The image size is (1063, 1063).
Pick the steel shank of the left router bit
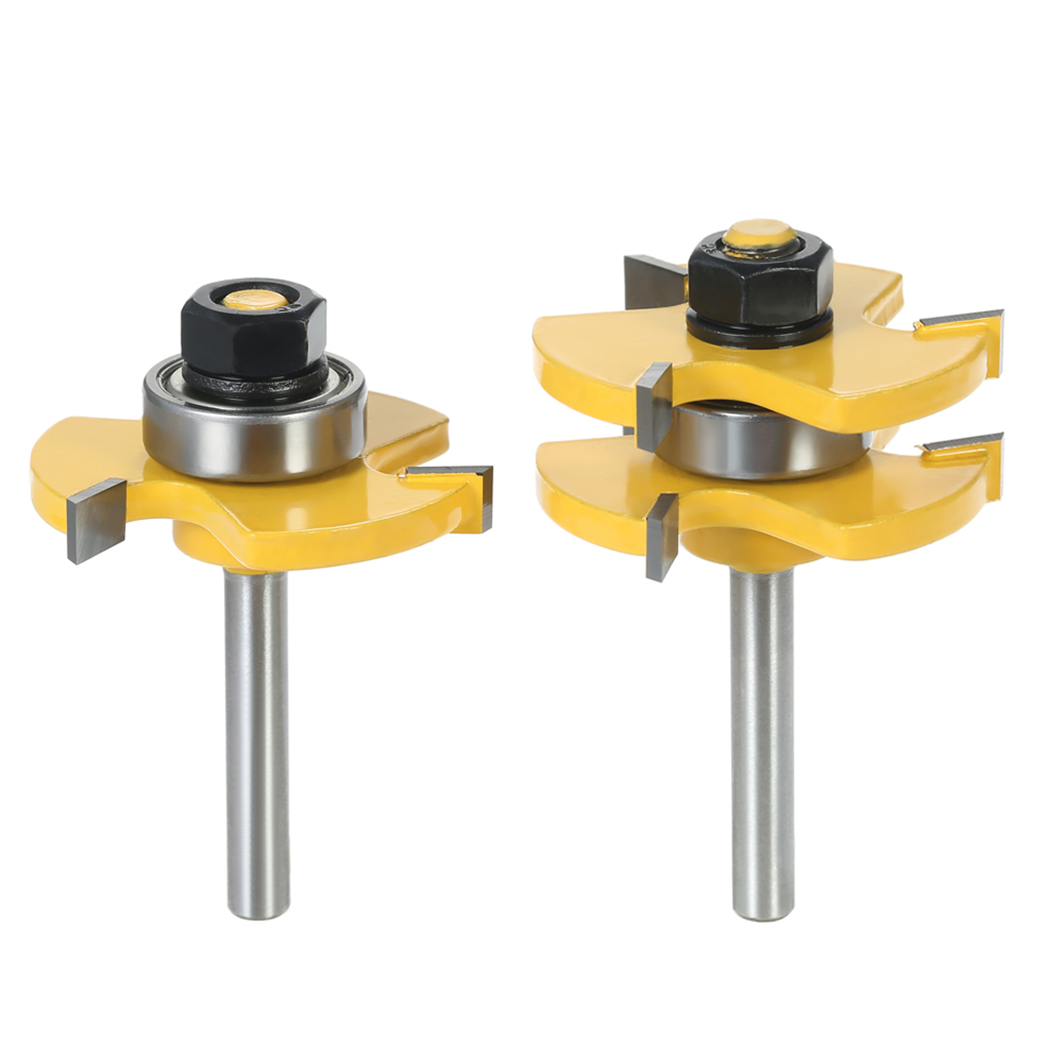(256, 731)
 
